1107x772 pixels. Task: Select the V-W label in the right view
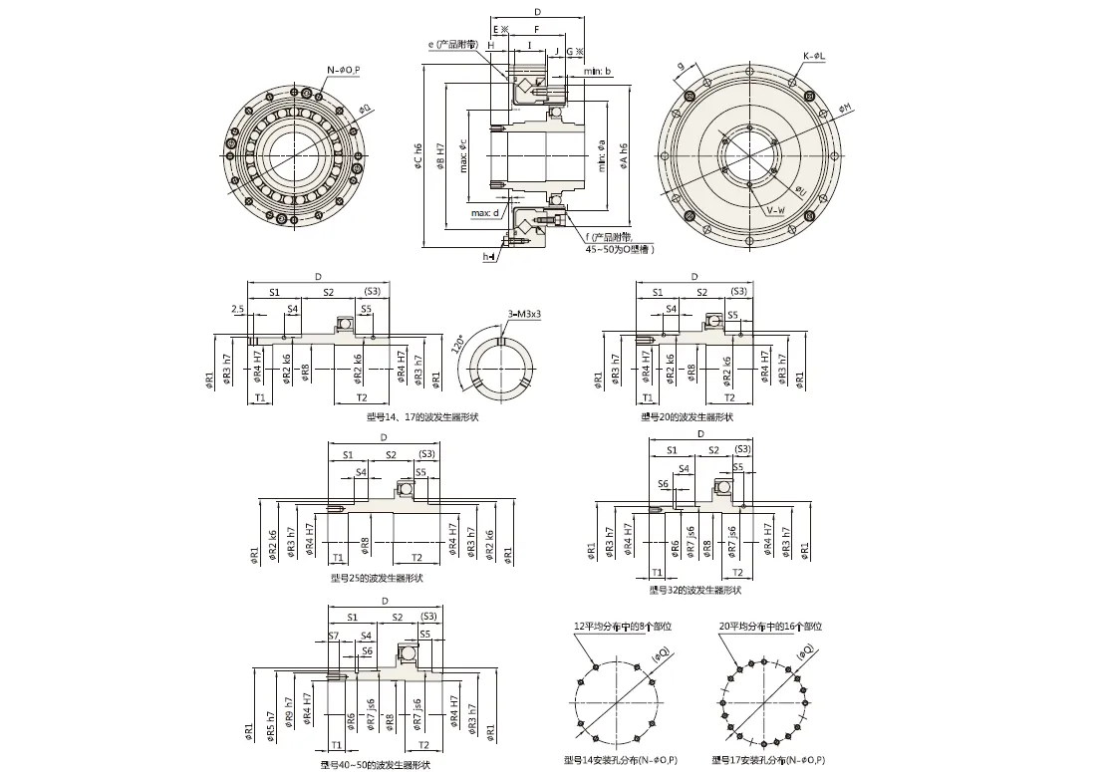[x=775, y=211]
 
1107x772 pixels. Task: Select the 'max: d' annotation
[x=485, y=212]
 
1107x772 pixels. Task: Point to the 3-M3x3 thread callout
[x=524, y=315]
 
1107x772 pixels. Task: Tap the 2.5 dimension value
[x=237, y=309]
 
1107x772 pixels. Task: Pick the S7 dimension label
[x=334, y=635]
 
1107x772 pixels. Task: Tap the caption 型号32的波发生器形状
[x=694, y=590]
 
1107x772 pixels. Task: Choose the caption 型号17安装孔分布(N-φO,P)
[x=768, y=760]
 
